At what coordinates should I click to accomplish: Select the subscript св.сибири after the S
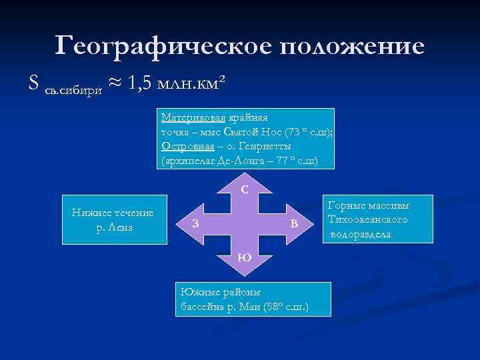tap(73, 89)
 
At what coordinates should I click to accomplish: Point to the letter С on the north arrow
tap(245, 189)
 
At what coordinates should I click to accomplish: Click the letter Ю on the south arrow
tap(244, 257)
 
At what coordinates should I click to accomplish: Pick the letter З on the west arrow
tap(194, 223)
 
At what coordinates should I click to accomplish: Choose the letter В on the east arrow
tap(293, 223)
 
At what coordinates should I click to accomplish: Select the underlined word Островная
tap(183, 146)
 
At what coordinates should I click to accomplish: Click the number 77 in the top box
tap(289, 161)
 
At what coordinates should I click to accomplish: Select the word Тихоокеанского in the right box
tap(368, 220)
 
